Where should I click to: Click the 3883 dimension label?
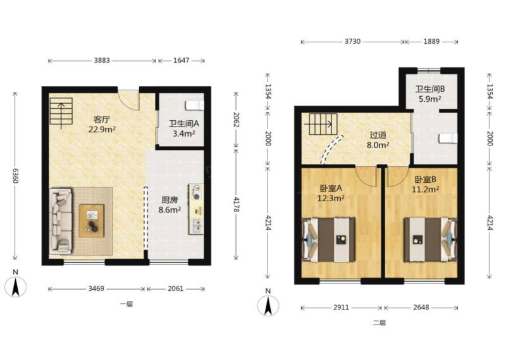click(102, 60)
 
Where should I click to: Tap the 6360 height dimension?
click(15, 176)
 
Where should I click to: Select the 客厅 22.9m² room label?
click(102, 125)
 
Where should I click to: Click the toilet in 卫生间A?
click(195, 105)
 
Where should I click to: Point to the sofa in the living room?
click(61, 221)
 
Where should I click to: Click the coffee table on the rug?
click(92, 221)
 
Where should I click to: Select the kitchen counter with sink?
click(196, 209)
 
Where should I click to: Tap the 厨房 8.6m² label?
click(170, 205)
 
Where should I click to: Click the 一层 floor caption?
click(126, 304)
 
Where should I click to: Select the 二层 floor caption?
click(379, 323)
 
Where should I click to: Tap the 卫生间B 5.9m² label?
click(430, 94)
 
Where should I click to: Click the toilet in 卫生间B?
click(448, 139)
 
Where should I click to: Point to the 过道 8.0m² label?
click(378, 140)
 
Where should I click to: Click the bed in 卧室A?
click(328, 240)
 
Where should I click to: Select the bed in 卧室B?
click(431, 240)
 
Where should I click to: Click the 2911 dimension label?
click(341, 307)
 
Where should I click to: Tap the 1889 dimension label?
click(431, 41)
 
